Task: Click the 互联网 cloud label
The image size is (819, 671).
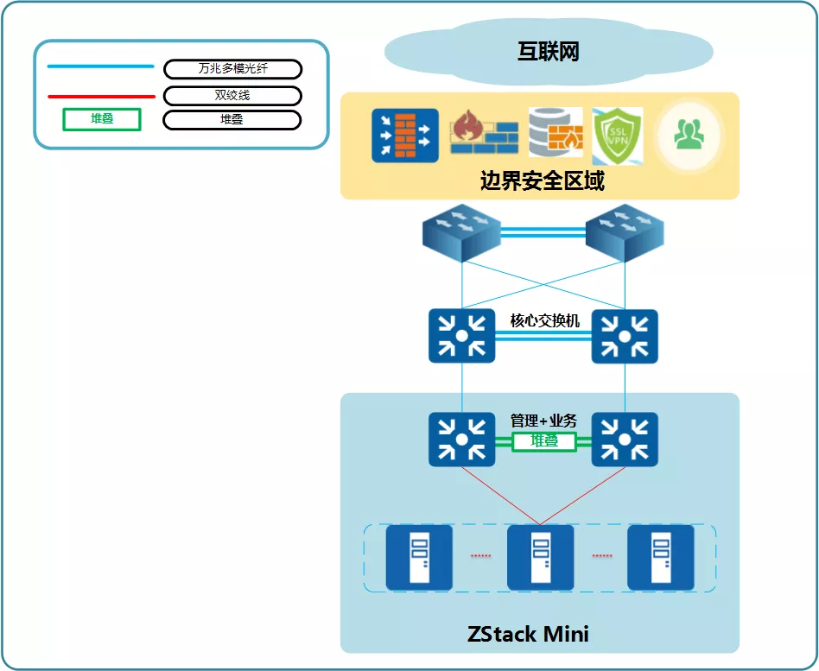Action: click(548, 52)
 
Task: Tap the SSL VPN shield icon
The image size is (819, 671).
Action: click(617, 134)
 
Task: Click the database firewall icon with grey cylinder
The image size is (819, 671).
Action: click(556, 133)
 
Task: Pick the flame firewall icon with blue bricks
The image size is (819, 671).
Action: click(484, 134)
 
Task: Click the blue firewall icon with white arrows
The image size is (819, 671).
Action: click(405, 135)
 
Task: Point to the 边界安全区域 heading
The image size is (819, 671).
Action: click(542, 181)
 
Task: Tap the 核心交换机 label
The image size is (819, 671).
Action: click(544, 321)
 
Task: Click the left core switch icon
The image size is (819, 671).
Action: click(462, 336)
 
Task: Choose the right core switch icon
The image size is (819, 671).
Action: click(625, 336)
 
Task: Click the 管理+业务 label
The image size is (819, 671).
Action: click(543, 421)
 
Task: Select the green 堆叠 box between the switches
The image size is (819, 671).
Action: click(543, 441)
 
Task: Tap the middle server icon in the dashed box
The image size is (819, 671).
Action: click(540, 557)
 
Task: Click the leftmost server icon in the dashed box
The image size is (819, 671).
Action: click(419, 557)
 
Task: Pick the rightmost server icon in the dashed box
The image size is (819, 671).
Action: click(660, 557)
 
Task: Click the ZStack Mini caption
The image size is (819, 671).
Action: click(528, 634)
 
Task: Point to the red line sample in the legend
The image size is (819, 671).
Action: click(100, 97)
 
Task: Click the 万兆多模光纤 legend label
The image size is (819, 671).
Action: click(232, 69)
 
